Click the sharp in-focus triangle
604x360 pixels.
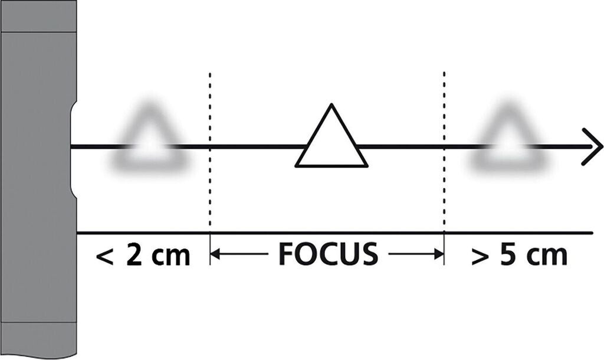point(331,142)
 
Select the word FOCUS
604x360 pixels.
point(327,254)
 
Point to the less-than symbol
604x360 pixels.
point(104,257)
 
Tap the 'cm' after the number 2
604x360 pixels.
point(169,258)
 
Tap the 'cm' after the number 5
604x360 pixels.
point(547,258)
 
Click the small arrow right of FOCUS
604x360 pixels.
point(416,254)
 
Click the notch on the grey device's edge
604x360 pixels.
point(73,147)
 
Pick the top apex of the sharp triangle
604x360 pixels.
point(331,107)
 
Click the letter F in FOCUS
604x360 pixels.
point(286,254)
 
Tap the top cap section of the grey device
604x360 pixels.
point(38,16)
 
